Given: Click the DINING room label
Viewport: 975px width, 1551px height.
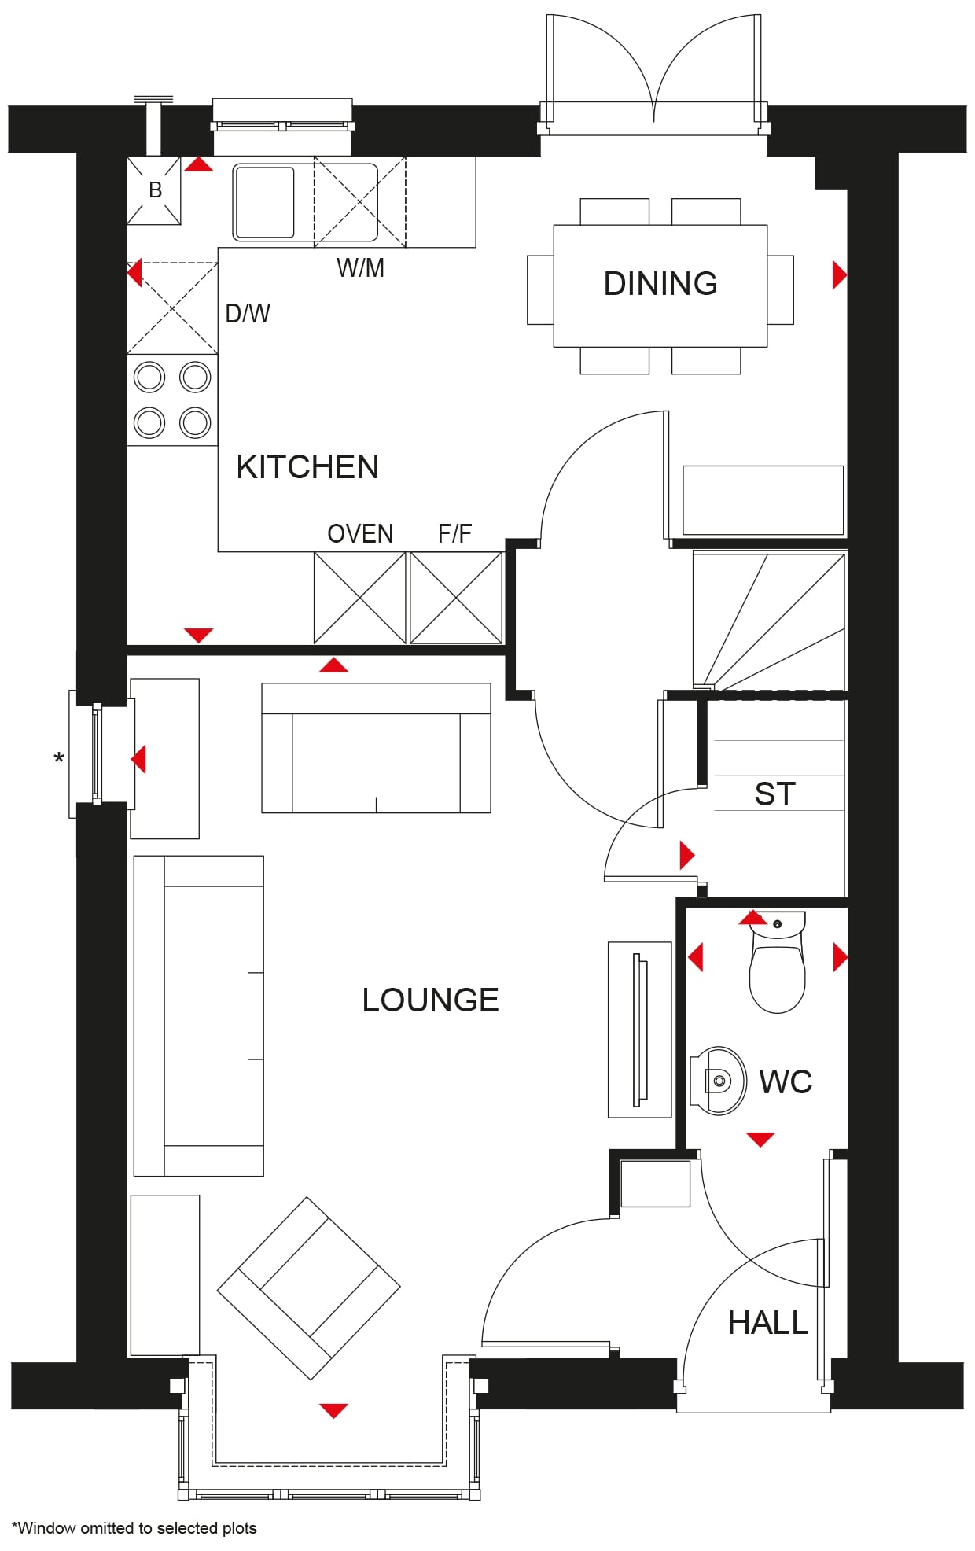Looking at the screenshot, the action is coord(660,283).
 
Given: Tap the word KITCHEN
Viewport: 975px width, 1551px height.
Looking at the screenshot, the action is coord(307,466).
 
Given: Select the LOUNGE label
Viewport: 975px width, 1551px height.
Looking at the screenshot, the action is coord(430,1000).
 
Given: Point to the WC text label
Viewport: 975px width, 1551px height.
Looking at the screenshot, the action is coord(786,1081).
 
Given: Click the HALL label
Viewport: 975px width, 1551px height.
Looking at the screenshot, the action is coord(768,1322).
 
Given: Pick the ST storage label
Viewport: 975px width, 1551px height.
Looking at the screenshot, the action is coord(774,794).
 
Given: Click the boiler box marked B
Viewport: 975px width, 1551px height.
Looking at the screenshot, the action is coord(154,190).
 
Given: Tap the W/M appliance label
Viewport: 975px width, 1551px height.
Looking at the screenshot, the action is coord(360,267).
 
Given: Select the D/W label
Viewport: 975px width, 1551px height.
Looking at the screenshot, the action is coord(247,313).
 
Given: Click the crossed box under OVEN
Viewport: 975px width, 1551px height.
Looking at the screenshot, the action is coord(360,598).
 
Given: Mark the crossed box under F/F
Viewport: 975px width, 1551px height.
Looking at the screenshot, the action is coord(456,598).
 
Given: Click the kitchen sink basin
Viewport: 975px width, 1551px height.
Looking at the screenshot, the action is coord(264,201).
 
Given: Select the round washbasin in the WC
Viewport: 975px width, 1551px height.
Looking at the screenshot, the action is coord(719,1081).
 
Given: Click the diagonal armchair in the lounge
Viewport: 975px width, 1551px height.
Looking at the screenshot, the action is coord(309,1288).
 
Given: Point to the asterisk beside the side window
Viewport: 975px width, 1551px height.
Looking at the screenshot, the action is coord(59,760).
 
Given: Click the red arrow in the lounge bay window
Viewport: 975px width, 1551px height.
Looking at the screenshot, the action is coord(333,1410).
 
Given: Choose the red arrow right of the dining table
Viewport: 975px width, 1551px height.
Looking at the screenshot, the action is coord(840,274).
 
